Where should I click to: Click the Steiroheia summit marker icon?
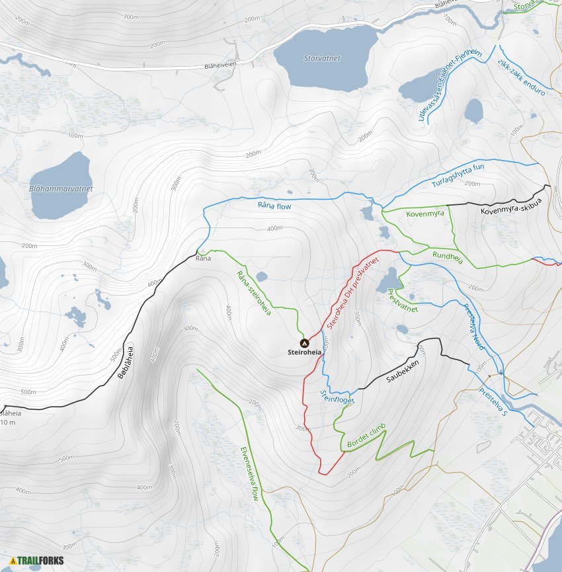point(305,343)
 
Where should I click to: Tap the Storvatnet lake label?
point(322,58)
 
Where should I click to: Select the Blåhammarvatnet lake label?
point(61,188)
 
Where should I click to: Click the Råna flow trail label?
point(274,206)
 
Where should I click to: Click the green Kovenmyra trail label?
point(424,214)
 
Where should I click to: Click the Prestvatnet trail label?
point(403,301)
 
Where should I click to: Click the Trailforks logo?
point(32,561)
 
